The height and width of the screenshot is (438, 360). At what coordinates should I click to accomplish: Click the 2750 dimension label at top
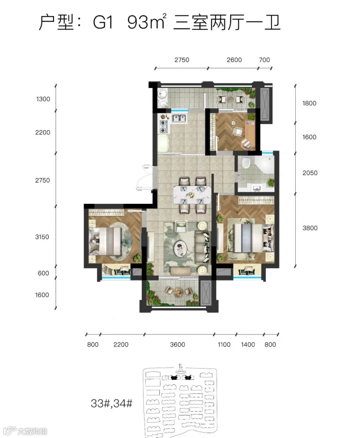pyautogui.click(x=182, y=60)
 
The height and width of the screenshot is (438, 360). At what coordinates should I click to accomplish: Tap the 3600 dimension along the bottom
pyautogui.click(x=178, y=344)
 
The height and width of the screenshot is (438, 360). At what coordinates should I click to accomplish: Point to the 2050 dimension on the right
pyautogui.click(x=310, y=173)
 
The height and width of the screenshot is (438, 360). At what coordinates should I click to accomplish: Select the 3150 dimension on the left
pyautogui.click(x=42, y=237)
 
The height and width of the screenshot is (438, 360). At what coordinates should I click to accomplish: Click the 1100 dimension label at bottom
pyautogui.click(x=224, y=344)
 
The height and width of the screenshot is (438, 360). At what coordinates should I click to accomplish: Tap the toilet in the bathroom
pyautogui.click(x=246, y=162)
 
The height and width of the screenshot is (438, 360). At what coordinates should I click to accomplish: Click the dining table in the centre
pyautogui.click(x=192, y=194)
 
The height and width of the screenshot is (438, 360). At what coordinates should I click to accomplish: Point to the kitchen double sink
pyautogui.click(x=179, y=118)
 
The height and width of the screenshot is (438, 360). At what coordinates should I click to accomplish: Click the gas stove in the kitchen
pyautogui.click(x=163, y=126)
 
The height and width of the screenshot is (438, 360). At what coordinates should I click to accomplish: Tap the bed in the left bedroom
pyautogui.click(x=105, y=241)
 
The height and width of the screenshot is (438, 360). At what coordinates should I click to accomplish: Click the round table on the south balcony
pyautogui.click(x=178, y=292)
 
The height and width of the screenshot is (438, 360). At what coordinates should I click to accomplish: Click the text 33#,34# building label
pyautogui.click(x=112, y=403)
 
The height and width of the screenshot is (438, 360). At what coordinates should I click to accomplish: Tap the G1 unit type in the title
pyautogui.click(x=103, y=22)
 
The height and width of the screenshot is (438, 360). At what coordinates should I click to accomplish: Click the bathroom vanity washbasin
pyautogui.click(x=256, y=188)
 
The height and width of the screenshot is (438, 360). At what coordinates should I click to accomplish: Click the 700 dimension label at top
pyautogui.click(x=264, y=60)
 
